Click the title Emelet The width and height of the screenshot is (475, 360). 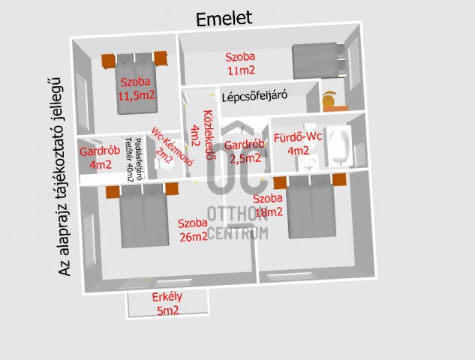pyautogui.click(x=224, y=19)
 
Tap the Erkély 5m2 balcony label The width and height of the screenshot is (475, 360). pyautogui.click(x=167, y=304)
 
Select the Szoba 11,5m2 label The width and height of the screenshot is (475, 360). pyautogui.click(x=137, y=88)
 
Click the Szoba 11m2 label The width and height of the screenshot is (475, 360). pyautogui.click(x=241, y=64)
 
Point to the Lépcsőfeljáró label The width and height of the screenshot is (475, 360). pyautogui.click(x=254, y=96)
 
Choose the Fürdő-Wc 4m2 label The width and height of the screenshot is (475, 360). pyautogui.click(x=298, y=144)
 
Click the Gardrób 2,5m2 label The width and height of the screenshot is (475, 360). pyautogui.click(x=245, y=151)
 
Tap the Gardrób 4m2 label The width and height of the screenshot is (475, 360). pyautogui.click(x=100, y=157)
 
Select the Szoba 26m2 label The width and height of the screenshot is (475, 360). pyautogui.click(x=193, y=229)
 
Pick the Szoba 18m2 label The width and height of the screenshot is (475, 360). pyautogui.click(x=268, y=205)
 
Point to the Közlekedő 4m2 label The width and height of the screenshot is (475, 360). pyautogui.click(x=201, y=134)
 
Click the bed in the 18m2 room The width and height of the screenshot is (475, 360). pyautogui.click(x=311, y=206)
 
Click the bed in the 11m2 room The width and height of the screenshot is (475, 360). pyautogui.click(x=318, y=61)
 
